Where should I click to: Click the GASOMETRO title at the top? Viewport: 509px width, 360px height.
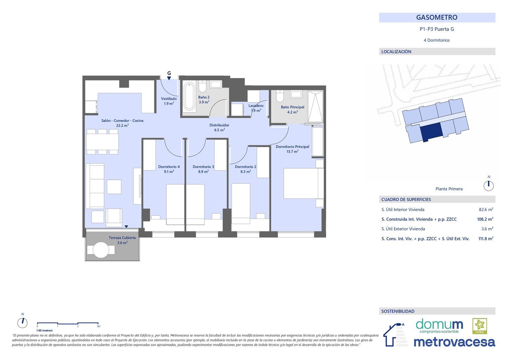(437, 18)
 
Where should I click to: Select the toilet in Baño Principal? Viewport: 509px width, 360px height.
(280, 96)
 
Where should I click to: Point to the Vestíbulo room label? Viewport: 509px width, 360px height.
(169, 99)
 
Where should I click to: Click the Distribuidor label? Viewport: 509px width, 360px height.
(219, 125)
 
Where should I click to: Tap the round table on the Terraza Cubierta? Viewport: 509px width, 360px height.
(101, 250)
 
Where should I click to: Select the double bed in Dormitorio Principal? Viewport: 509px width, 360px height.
(303, 184)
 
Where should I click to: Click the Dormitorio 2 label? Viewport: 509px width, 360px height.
(245, 167)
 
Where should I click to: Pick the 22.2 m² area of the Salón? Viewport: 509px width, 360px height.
(122, 126)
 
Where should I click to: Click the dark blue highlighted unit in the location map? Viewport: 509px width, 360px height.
(431, 131)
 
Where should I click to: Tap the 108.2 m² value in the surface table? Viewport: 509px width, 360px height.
(485, 219)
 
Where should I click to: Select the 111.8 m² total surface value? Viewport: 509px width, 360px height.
(486, 239)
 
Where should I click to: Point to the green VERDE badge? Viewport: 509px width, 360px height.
(480, 326)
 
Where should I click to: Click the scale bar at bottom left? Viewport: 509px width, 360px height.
(68, 323)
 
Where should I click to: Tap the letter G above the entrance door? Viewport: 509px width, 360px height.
(169, 73)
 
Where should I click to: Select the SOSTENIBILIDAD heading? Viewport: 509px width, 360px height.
(398, 311)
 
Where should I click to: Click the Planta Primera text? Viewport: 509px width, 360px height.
(449, 189)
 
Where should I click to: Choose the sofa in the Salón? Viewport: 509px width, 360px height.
(95, 186)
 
